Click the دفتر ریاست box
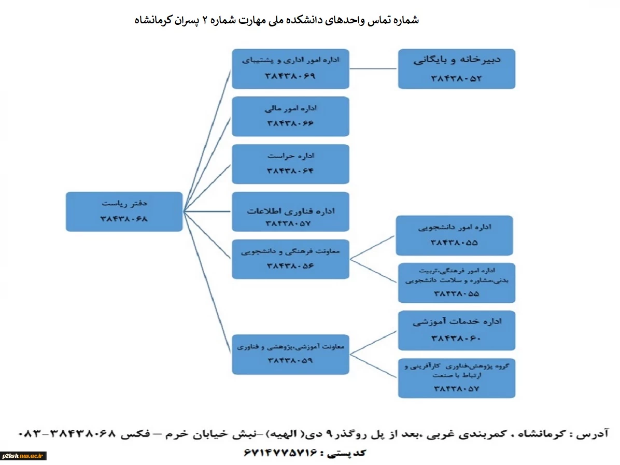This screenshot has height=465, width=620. pyautogui.click(x=124, y=212)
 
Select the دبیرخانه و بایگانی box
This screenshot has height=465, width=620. pyautogui.click(x=456, y=69)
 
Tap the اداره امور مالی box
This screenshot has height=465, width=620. pyautogui.click(x=290, y=117)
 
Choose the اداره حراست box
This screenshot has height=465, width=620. pyautogui.click(x=290, y=164)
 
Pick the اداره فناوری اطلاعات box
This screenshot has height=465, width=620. pyautogui.click(x=290, y=212)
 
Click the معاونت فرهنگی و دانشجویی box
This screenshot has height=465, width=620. pyautogui.click(x=290, y=259)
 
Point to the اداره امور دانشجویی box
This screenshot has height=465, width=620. pyautogui.click(x=454, y=235)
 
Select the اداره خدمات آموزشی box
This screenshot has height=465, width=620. pyautogui.click(x=456, y=331)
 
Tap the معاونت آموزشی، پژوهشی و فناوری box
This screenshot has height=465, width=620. pyautogui.click(x=290, y=354)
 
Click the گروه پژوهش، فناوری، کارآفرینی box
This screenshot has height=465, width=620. pyautogui.click(x=456, y=378)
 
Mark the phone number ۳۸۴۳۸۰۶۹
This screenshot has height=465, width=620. pyautogui.click(x=290, y=76)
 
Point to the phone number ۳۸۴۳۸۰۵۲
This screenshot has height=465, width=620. pyautogui.click(x=456, y=78)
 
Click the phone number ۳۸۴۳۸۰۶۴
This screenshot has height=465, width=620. pyautogui.click(x=290, y=171)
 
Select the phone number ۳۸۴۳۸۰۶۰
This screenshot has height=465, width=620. pyautogui.click(x=456, y=339)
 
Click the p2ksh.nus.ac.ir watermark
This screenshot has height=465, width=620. pyautogui.click(x=22, y=456)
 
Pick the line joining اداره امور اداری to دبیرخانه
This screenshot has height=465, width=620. pyautogui.click(x=373, y=69)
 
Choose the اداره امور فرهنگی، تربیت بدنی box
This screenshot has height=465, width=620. pyautogui.click(x=456, y=283)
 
